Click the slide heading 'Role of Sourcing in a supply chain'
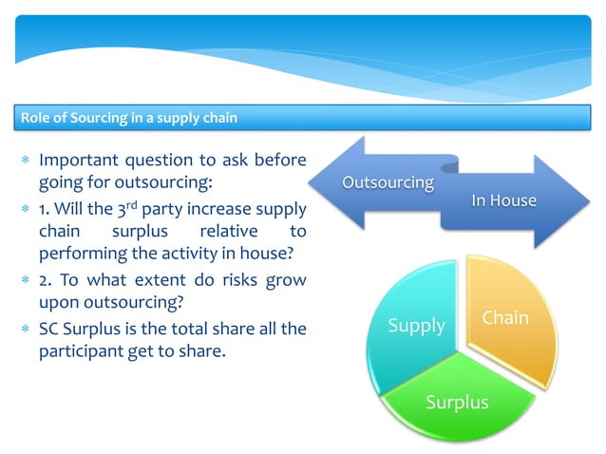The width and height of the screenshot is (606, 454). point(129,118)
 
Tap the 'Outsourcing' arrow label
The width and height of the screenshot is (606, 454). point(388,182)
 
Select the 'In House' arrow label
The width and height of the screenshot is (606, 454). point(503,200)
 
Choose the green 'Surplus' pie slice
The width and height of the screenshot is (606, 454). point(457,402)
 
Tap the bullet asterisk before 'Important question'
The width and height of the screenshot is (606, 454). point(24,160)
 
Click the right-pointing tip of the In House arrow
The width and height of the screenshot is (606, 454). point(586,200)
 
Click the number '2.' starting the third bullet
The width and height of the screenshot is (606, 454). point(47,281)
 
